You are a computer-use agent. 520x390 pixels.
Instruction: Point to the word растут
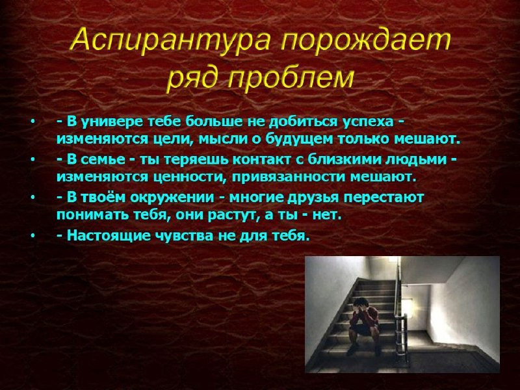232,216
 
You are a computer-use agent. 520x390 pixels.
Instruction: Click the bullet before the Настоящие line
32,236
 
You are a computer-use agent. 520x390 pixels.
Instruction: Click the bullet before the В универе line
32,122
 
